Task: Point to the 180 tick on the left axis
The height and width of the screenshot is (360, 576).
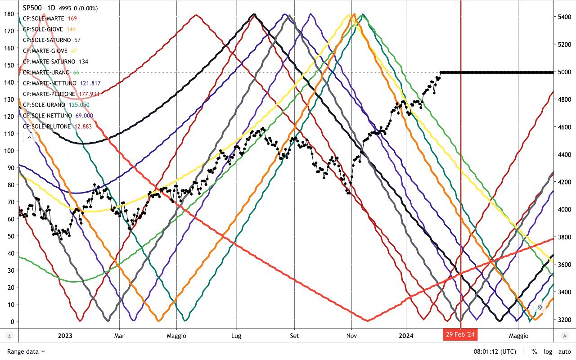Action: (9, 13)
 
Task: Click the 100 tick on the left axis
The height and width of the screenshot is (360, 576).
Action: (9, 150)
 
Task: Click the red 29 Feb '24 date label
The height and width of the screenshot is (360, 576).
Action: (460, 335)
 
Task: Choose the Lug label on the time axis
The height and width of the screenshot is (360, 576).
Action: (236, 336)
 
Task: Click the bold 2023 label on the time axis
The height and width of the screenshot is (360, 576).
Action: (65, 336)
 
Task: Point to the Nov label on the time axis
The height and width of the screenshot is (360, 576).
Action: (352, 336)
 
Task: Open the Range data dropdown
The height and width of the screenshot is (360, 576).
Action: (26, 351)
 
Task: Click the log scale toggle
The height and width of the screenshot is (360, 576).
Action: (548, 351)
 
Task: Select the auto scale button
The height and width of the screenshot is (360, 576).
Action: (565, 351)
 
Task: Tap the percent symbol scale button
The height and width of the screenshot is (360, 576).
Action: (534, 351)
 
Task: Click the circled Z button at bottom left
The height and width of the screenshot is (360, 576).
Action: (9, 336)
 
